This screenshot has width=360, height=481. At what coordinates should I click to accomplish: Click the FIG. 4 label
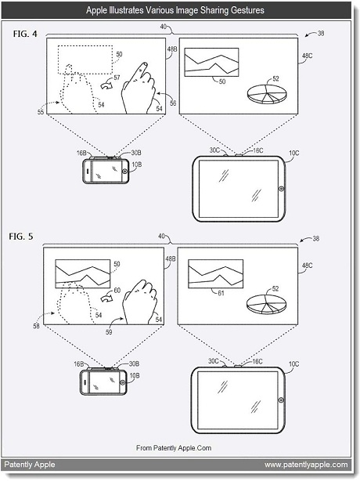[25, 34]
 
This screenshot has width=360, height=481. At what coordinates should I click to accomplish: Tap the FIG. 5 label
[21, 237]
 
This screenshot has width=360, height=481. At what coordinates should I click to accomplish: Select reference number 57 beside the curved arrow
[117, 78]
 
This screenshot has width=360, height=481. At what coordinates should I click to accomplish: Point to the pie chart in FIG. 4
[267, 94]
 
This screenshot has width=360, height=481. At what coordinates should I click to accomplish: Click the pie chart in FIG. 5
[266, 304]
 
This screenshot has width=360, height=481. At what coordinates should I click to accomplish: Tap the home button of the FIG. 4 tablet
[282, 189]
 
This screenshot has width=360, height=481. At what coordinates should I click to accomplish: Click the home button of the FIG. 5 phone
[123, 382]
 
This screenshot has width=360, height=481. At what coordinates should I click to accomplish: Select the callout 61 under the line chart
[221, 293]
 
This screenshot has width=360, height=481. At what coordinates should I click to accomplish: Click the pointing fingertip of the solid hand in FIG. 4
[144, 65]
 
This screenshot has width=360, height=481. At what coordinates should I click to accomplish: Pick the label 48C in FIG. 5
[307, 266]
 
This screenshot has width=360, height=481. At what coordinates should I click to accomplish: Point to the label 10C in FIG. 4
[293, 153]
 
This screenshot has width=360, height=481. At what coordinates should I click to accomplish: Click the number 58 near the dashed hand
[36, 326]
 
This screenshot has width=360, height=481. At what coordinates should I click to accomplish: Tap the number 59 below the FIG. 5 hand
[109, 332]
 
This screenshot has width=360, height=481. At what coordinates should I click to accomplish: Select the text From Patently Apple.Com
[174, 448]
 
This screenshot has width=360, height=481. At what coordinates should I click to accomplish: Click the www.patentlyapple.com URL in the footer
[306, 465]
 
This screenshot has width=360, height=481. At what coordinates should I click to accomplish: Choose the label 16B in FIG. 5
[79, 363]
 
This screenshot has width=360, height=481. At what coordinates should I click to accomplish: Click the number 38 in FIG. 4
[320, 33]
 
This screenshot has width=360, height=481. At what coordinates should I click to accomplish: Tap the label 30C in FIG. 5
[214, 361]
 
